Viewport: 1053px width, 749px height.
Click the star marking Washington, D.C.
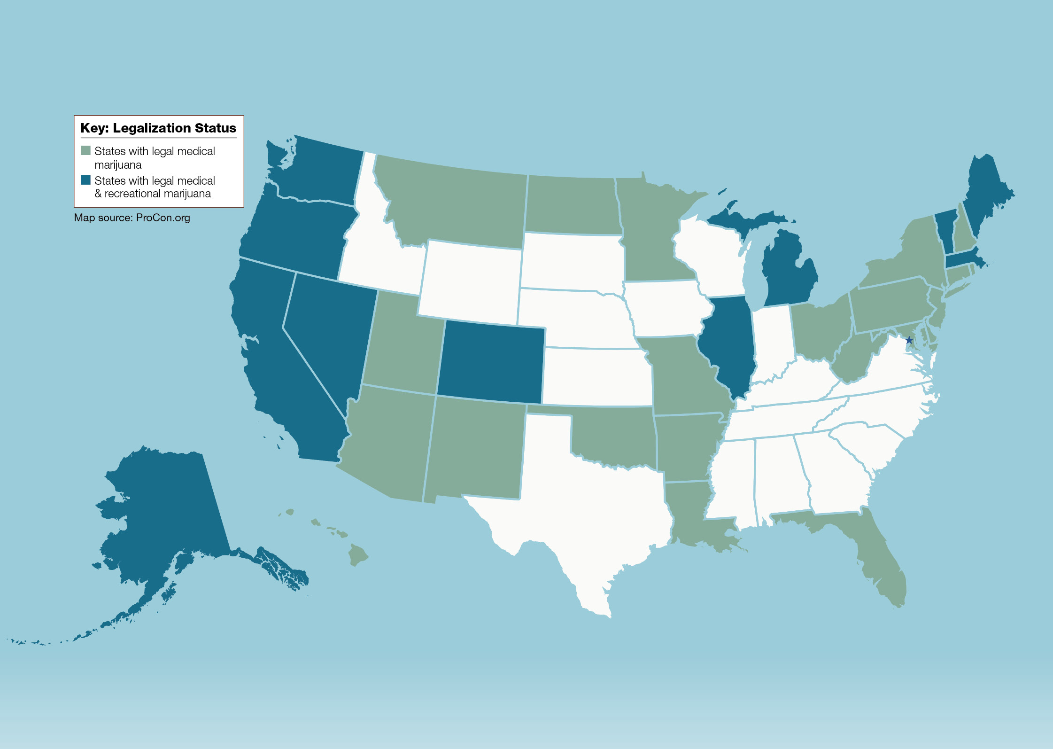(909, 340)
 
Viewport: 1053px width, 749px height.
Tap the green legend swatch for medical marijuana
(85, 150)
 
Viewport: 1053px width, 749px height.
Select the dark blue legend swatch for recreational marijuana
(85, 180)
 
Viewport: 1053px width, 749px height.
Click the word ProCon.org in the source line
(163, 218)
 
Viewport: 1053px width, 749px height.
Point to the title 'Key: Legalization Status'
(158, 128)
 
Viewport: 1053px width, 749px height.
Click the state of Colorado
(491, 362)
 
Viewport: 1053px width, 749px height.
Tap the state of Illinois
(728, 343)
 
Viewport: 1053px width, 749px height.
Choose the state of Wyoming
(470, 282)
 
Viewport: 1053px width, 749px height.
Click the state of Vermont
(945, 230)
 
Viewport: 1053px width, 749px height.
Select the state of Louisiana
(690, 512)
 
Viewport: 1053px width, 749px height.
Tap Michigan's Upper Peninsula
(747, 218)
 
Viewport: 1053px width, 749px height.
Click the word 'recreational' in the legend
(134, 194)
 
